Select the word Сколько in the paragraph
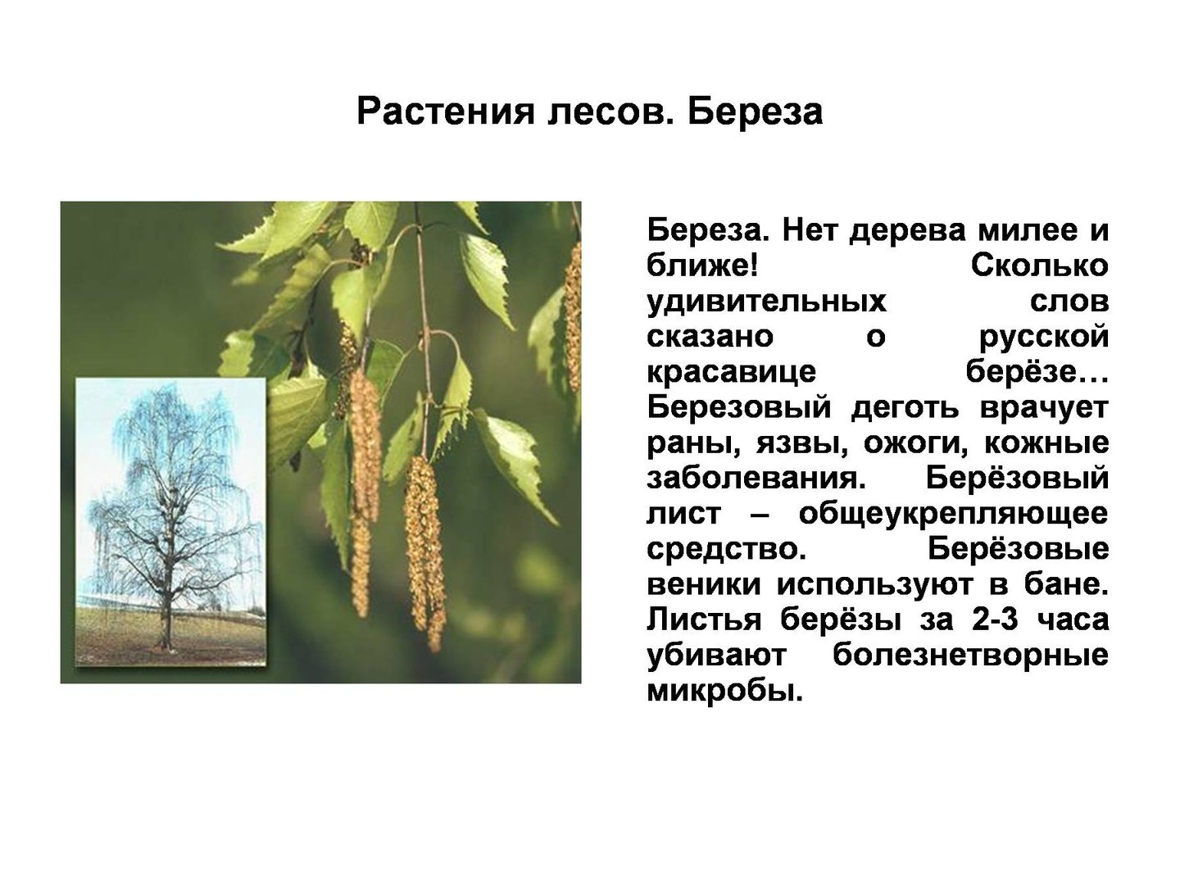tap(1040, 265)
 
